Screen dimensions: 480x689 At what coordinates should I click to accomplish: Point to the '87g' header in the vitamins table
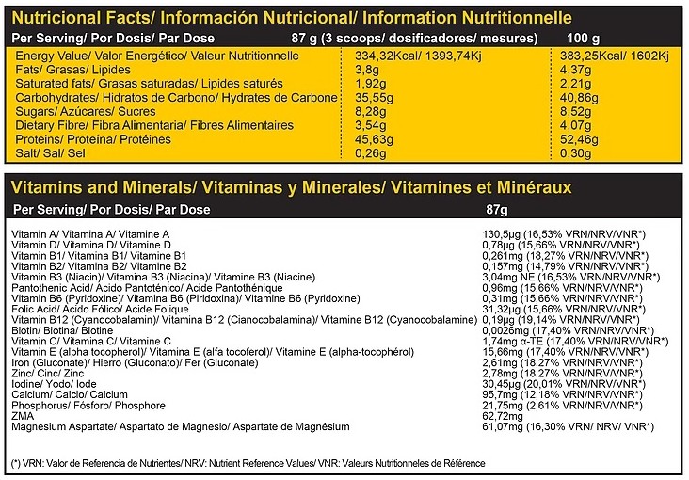pos(495,209)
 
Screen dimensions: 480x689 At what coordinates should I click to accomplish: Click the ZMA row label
pos(22,416)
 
